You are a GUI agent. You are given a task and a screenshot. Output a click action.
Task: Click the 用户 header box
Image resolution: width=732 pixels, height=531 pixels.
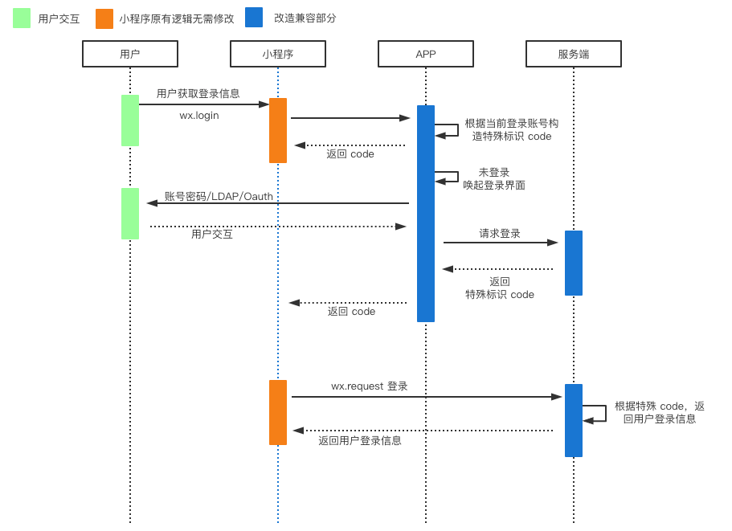point(129,54)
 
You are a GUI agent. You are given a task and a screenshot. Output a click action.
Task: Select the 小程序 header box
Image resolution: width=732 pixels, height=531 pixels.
point(277,54)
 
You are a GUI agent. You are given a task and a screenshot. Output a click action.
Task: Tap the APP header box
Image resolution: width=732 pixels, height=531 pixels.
point(425,54)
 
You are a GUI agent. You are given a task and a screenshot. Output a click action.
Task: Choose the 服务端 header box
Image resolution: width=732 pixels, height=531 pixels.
point(573,54)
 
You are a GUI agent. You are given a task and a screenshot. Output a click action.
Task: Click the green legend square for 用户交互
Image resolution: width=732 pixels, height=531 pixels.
point(22,18)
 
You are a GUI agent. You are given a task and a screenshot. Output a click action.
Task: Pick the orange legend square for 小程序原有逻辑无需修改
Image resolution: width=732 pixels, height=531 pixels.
point(104,18)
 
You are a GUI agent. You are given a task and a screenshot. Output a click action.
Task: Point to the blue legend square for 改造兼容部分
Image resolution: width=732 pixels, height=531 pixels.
point(254,18)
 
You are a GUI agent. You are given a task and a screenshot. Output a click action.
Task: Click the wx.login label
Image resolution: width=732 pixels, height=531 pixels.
point(198,116)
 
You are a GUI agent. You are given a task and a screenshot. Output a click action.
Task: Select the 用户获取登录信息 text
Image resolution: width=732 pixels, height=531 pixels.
point(198,93)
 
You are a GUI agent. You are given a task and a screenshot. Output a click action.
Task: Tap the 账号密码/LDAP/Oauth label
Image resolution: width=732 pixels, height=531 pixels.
point(219,196)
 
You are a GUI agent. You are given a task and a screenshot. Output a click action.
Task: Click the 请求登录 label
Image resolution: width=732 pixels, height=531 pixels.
point(500,234)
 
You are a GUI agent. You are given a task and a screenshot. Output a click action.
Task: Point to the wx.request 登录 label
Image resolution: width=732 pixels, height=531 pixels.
point(369,386)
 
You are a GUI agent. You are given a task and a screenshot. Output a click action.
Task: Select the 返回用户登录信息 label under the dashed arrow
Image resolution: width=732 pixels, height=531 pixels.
point(359,441)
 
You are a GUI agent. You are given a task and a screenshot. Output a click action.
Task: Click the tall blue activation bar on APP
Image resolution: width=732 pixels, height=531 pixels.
point(425,214)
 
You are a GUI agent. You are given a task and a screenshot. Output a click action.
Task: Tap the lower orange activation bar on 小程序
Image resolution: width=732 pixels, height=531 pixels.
point(277,412)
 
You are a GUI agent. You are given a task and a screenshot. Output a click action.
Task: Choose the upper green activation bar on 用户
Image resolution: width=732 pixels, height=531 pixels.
point(129,120)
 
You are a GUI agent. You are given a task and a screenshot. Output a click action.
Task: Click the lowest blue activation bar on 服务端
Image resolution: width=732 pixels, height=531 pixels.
point(573,420)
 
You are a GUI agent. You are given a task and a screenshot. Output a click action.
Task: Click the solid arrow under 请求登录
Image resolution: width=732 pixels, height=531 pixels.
point(500,243)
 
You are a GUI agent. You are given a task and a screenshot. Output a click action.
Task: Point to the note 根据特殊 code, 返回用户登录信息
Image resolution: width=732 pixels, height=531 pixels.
point(659,412)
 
